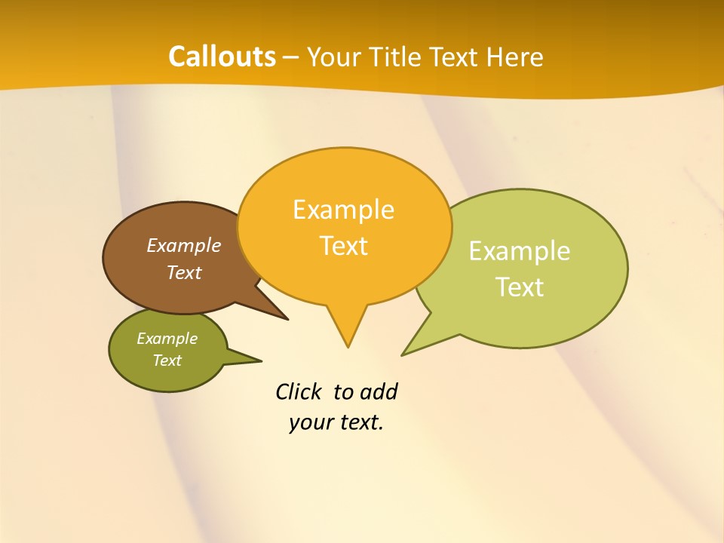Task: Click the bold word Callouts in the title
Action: pyautogui.click(x=222, y=57)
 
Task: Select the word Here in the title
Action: pyautogui.click(x=514, y=57)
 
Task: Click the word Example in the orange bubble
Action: pyautogui.click(x=343, y=210)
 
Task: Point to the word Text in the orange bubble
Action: pyautogui.click(x=344, y=246)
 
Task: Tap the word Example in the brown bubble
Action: pyautogui.click(x=183, y=245)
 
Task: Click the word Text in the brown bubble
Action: pyautogui.click(x=184, y=272)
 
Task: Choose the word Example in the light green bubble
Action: pyautogui.click(x=520, y=250)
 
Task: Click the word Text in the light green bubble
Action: pyautogui.click(x=520, y=287)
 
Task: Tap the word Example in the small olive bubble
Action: pyautogui.click(x=167, y=339)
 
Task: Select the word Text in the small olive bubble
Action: pyautogui.click(x=167, y=360)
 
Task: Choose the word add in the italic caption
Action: pyautogui.click(x=379, y=391)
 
